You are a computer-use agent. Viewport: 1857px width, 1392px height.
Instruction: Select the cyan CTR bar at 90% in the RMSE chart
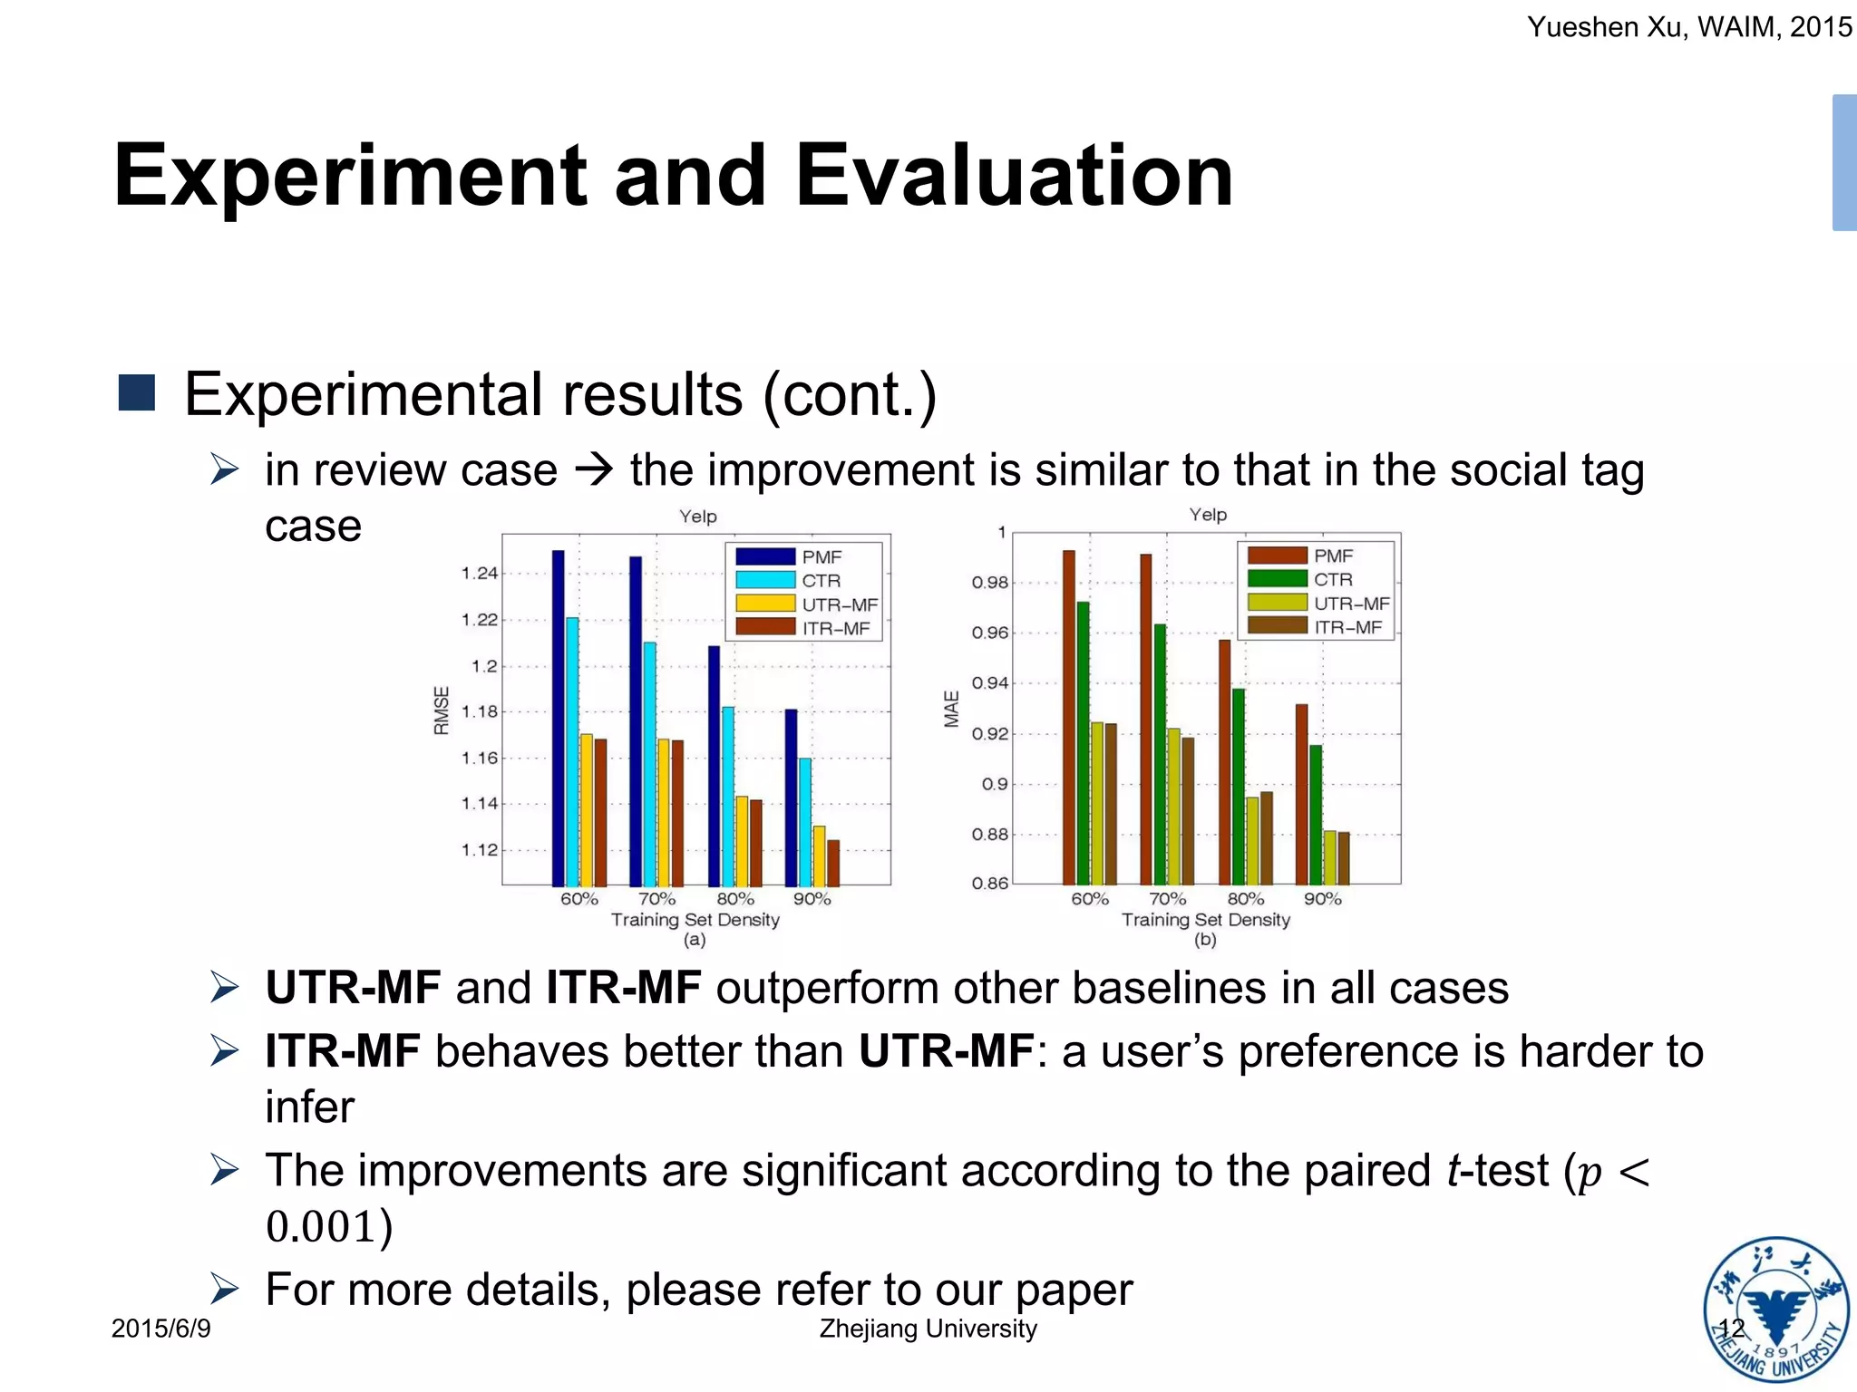pyautogui.click(x=804, y=821)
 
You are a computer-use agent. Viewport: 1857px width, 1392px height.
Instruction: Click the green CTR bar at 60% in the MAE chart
pyautogui.click(x=1083, y=742)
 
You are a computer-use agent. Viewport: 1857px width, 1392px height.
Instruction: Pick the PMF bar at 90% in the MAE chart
pyautogui.click(x=1301, y=794)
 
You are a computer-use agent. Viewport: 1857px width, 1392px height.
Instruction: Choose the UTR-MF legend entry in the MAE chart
pyautogui.click(x=1318, y=604)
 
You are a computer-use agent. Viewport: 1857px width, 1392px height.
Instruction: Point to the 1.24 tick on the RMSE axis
pyautogui.click(x=480, y=574)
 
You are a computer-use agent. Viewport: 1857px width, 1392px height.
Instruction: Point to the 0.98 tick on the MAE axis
pyautogui.click(x=989, y=583)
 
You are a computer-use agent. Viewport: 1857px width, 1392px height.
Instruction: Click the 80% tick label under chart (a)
pyautogui.click(x=734, y=899)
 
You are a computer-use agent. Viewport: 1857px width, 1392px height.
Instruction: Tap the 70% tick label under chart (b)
pyautogui.click(x=1167, y=899)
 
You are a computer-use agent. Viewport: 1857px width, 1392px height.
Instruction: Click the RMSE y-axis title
pyautogui.click(x=442, y=710)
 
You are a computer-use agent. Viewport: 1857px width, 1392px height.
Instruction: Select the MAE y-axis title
pyautogui.click(x=951, y=709)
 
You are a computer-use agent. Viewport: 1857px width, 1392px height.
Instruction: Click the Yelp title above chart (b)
pyautogui.click(x=1208, y=515)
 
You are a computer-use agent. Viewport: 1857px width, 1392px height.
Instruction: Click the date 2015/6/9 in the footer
pyautogui.click(x=160, y=1329)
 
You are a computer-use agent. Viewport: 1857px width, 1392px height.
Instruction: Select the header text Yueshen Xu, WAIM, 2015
pyautogui.click(x=1688, y=27)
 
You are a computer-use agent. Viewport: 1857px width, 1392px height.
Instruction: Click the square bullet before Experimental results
pyautogui.click(x=137, y=392)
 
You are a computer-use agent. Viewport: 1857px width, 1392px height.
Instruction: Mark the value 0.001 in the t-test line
pyautogui.click(x=321, y=1227)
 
